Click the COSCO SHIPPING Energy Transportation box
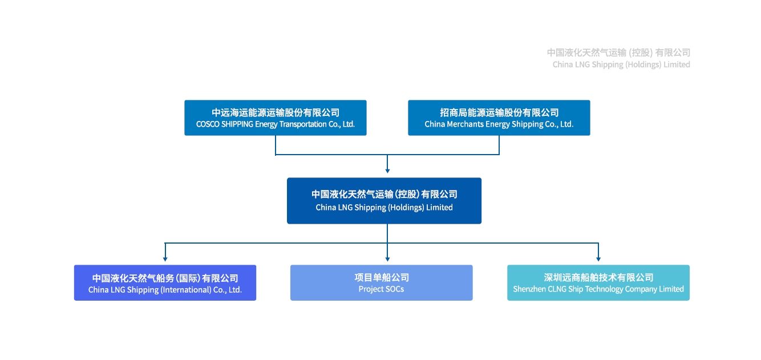[276, 118]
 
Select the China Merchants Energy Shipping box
[499, 118]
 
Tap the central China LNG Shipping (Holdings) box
[384, 201]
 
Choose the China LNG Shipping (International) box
[165, 282]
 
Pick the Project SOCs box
[382, 282]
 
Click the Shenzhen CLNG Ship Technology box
[598, 282]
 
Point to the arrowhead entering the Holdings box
[387, 171]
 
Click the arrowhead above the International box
[165, 259]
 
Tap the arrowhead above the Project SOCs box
[387, 259]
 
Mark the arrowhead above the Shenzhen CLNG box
[598, 259]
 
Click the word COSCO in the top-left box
[208, 124]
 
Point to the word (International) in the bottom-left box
[186, 290]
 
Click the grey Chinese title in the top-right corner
[618, 52]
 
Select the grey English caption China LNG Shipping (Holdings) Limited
[621, 64]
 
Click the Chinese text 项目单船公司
[382, 277]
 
